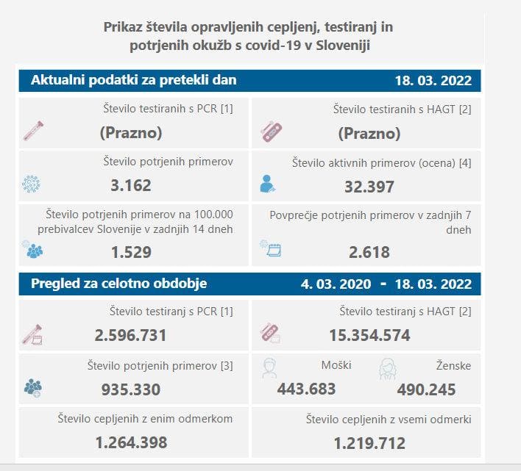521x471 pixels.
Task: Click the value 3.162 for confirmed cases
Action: pos(130,185)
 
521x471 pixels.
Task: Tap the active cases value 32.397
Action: pos(369,187)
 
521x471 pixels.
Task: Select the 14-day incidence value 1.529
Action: pos(130,252)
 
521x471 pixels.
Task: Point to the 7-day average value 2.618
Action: pos(369,252)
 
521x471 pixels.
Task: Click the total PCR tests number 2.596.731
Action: pos(130,336)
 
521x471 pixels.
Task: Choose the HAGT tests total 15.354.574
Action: pos(369,336)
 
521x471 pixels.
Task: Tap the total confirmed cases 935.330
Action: pos(130,389)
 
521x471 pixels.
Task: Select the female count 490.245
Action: pos(426,389)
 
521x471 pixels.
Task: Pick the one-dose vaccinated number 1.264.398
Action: pos(130,443)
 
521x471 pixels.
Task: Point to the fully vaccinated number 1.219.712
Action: pos(369,443)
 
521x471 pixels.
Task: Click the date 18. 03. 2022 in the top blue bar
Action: pos(432,81)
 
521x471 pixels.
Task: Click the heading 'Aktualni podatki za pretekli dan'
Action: pos(134,81)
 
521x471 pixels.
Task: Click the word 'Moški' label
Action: pos(336,365)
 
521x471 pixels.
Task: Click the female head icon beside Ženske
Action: pos(387,368)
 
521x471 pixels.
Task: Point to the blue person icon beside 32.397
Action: pos(268,184)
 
